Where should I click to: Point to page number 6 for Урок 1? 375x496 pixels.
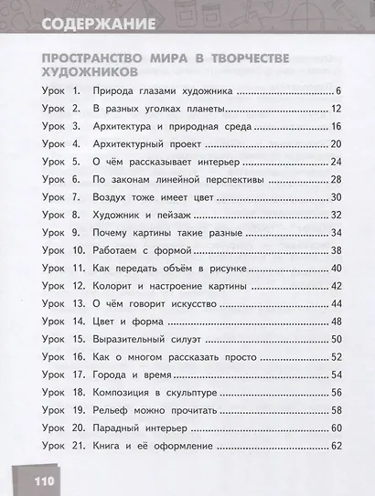337,91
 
